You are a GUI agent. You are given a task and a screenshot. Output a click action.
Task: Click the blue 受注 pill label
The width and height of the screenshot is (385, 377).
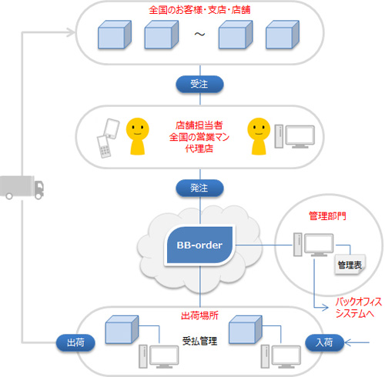(x=199, y=83)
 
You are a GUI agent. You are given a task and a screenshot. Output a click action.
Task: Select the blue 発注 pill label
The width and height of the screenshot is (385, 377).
(x=199, y=187)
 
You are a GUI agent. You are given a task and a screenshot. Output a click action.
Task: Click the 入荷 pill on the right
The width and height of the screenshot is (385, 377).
(x=323, y=341)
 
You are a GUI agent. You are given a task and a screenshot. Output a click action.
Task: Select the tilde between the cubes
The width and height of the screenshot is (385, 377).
(x=199, y=36)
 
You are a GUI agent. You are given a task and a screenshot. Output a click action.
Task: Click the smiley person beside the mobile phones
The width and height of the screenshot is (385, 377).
(x=139, y=135)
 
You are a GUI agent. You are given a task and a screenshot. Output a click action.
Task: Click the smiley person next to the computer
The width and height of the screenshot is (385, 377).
(x=259, y=135)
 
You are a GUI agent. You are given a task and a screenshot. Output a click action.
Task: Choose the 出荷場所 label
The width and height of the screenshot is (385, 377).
(x=200, y=315)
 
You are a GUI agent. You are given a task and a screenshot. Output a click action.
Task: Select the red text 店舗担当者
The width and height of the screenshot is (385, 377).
(x=199, y=123)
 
